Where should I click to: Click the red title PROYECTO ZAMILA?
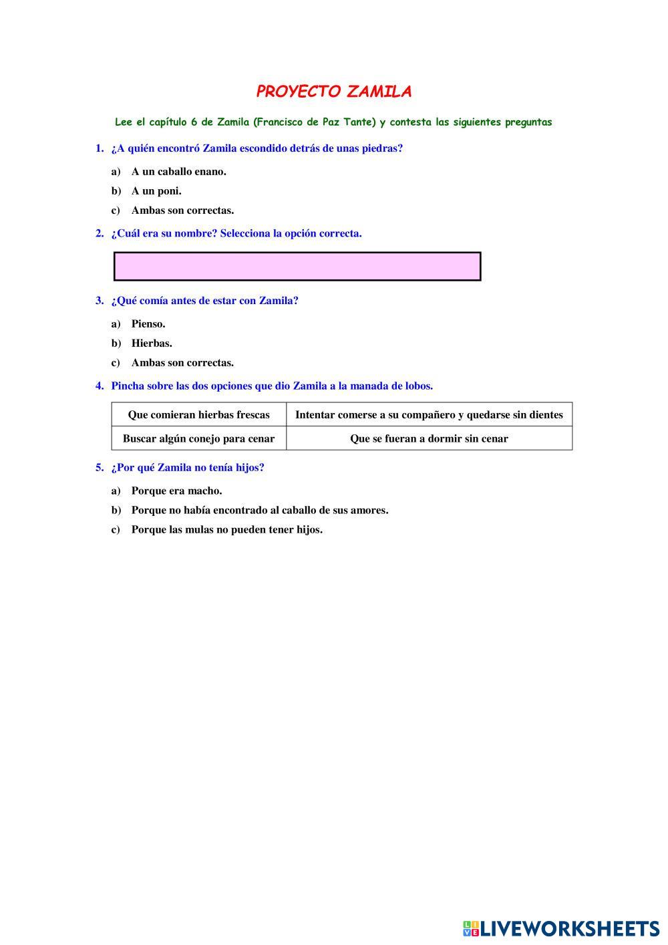click(x=333, y=92)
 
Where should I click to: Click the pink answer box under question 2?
click(x=297, y=266)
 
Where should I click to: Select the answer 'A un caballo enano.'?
click(x=178, y=172)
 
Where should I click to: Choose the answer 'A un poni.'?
click(x=156, y=191)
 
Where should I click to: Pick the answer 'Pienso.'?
click(x=148, y=324)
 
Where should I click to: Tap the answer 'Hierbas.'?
click(x=152, y=344)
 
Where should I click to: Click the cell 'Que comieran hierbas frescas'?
click(x=198, y=415)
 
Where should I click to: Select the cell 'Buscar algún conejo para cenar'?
click(x=198, y=439)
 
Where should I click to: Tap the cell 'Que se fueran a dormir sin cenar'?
click(x=429, y=439)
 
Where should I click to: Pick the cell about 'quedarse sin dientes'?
click(x=429, y=415)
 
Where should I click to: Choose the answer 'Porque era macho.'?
click(x=176, y=491)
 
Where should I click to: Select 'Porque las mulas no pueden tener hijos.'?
click(x=226, y=530)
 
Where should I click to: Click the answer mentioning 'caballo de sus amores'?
click(x=259, y=511)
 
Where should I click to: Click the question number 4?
click(x=100, y=386)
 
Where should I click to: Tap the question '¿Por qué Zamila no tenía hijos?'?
click(x=188, y=468)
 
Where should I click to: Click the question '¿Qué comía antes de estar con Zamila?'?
click(x=204, y=301)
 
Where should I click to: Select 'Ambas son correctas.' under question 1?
click(x=182, y=211)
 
